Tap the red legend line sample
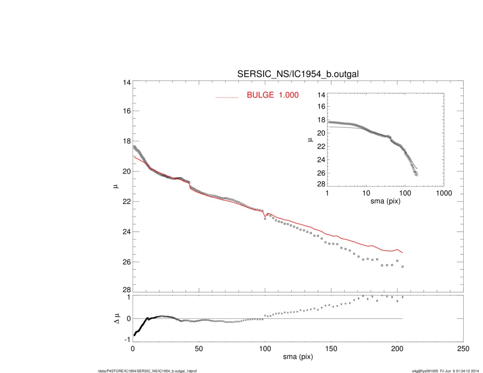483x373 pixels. (x=227, y=97)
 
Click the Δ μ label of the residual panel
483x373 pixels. (x=116, y=318)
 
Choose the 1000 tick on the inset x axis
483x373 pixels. (x=443, y=193)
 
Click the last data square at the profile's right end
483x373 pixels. (x=402, y=266)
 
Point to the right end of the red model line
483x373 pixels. (x=402, y=253)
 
